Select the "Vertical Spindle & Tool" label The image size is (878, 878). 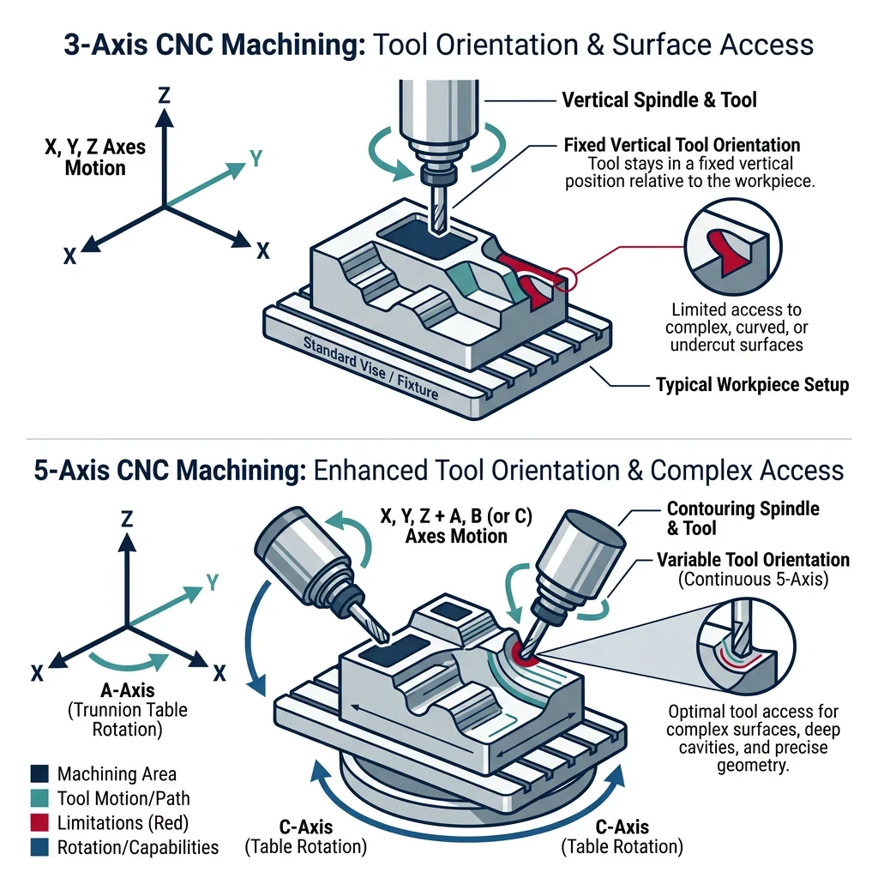click(x=659, y=100)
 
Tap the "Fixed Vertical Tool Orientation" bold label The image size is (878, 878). click(x=682, y=145)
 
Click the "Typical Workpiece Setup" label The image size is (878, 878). click(x=752, y=385)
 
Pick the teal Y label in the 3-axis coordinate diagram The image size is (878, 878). click(x=254, y=158)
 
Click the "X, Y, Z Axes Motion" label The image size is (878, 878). click(x=95, y=157)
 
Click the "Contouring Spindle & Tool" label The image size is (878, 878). click(x=743, y=518)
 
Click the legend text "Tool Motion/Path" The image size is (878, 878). click(x=123, y=798)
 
